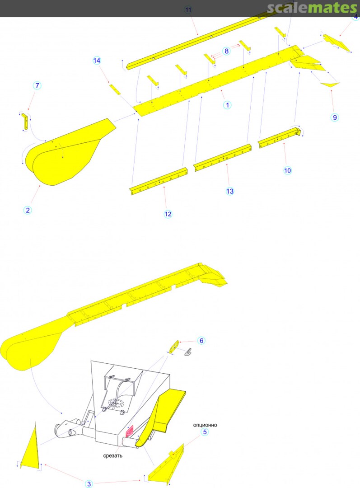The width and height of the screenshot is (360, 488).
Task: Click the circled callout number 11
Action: click(x=188, y=9)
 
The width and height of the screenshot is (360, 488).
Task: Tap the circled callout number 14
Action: click(x=97, y=61)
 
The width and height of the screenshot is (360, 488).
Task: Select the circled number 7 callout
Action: click(x=37, y=85)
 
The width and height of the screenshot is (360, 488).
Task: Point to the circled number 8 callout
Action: click(x=226, y=51)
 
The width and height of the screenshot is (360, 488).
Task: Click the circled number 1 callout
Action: click(x=227, y=105)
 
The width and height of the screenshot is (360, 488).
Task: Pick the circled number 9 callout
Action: click(x=335, y=117)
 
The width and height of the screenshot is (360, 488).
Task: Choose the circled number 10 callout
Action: click(x=287, y=170)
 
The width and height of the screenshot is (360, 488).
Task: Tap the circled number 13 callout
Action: click(x=229, y=191)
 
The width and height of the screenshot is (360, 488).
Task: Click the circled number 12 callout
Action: click(x=168, y=214)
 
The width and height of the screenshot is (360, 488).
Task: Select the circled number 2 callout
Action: click(x=28, y=210)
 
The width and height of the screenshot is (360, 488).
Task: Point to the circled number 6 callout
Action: click(x=201, y=341)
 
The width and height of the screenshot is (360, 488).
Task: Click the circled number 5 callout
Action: click(x=205, y=432)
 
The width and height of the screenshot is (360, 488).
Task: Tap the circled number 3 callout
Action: click(x=89, y=483)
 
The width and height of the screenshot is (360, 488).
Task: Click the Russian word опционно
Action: click(x=205, y=425)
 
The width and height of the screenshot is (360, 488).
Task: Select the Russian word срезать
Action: click(x=112, y=455)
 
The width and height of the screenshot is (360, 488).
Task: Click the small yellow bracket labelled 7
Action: click(x=24, y=122)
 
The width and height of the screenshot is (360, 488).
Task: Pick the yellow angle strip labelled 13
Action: click(x=223, y=158)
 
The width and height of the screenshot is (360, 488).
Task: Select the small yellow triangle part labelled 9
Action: click(x=330, y=84)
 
